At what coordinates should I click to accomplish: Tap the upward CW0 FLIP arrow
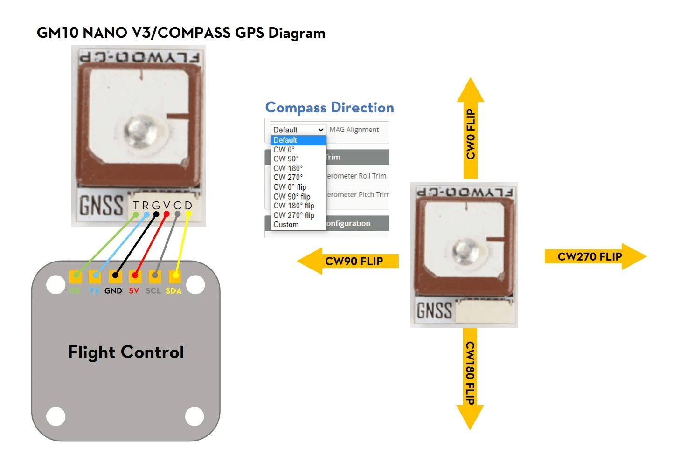(470, 131)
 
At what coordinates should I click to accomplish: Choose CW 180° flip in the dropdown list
(294, 206)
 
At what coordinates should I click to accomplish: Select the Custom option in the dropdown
(286, 224)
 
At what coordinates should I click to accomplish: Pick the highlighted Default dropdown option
(285, 140)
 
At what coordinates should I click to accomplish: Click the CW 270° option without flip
(288, 177)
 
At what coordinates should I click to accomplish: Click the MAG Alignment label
(354, 130)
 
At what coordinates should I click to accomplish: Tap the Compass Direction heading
(329, 108)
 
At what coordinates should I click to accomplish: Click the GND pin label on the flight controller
(113, 291)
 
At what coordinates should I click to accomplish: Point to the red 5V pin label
(134, 291)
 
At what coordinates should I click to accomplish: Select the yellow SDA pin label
(173, 291)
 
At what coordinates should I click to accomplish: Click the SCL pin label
(153, 291)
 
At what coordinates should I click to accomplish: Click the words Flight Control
(126, 352)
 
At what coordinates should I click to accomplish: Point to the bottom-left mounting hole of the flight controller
(56, 416)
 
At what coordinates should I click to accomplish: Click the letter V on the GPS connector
(167, 206)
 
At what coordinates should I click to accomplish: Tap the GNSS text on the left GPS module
(101, 206)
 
